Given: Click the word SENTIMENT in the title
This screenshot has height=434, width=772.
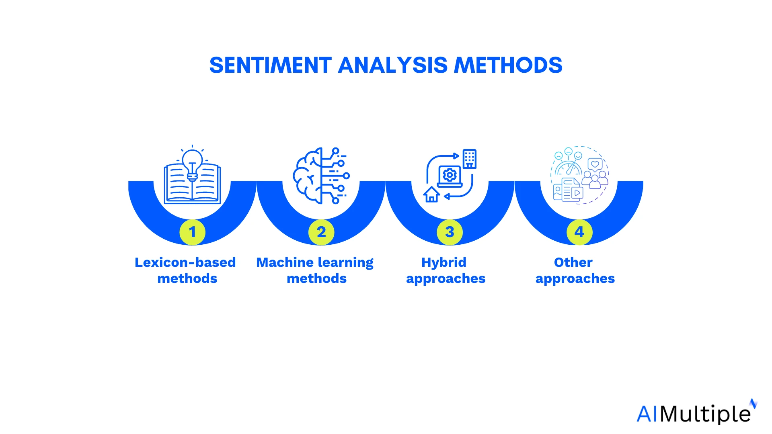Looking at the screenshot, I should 270,65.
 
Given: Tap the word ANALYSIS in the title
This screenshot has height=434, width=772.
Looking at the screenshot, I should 392,65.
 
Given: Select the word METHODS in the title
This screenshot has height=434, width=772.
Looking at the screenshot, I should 508,65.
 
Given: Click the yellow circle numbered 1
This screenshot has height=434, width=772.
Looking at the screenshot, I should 192,232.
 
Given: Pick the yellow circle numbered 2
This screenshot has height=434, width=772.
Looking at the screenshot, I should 321,232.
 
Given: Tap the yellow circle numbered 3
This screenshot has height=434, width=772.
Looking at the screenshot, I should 450,232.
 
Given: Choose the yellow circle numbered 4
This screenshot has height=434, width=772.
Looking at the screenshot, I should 579,232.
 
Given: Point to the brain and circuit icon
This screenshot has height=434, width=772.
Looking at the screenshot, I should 320,176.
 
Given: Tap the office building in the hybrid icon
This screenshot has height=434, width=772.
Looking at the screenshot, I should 469,158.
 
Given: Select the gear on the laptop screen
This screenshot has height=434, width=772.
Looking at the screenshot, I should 450,175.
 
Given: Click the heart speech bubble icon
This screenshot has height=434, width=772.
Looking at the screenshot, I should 595,164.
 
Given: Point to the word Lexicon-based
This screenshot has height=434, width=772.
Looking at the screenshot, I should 185,262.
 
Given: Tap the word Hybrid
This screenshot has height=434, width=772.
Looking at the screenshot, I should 444,262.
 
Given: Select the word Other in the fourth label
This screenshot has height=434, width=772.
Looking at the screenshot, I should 573,262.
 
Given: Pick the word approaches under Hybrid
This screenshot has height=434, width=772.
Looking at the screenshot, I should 446,278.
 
